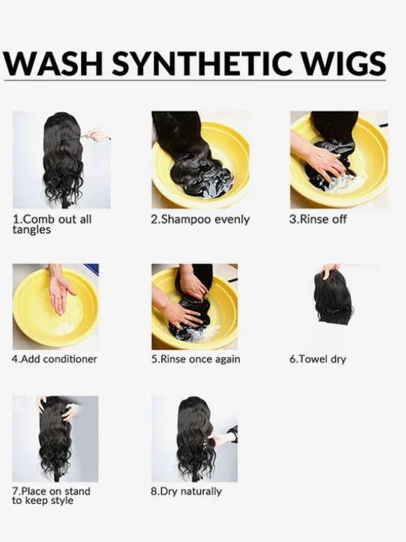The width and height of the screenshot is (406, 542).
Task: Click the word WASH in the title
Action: coord(52,63)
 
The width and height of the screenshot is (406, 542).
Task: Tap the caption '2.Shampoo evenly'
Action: coord(200,220)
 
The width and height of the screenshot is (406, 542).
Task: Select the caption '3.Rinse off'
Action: coord(318,219)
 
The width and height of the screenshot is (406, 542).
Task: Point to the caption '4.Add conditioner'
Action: coord(55,359)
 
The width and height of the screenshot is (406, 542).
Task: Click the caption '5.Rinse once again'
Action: coord(195,359)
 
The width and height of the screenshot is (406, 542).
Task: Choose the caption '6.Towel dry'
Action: coord(318,359)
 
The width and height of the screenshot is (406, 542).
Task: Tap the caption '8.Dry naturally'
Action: coord(186,492)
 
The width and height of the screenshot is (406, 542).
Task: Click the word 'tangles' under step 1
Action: coord(31,230)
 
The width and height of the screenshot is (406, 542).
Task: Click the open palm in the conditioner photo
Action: coord(59,291)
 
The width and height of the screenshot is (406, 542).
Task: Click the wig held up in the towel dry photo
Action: coord(334,298)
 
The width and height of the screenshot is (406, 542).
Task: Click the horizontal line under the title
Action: coord(195,81)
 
